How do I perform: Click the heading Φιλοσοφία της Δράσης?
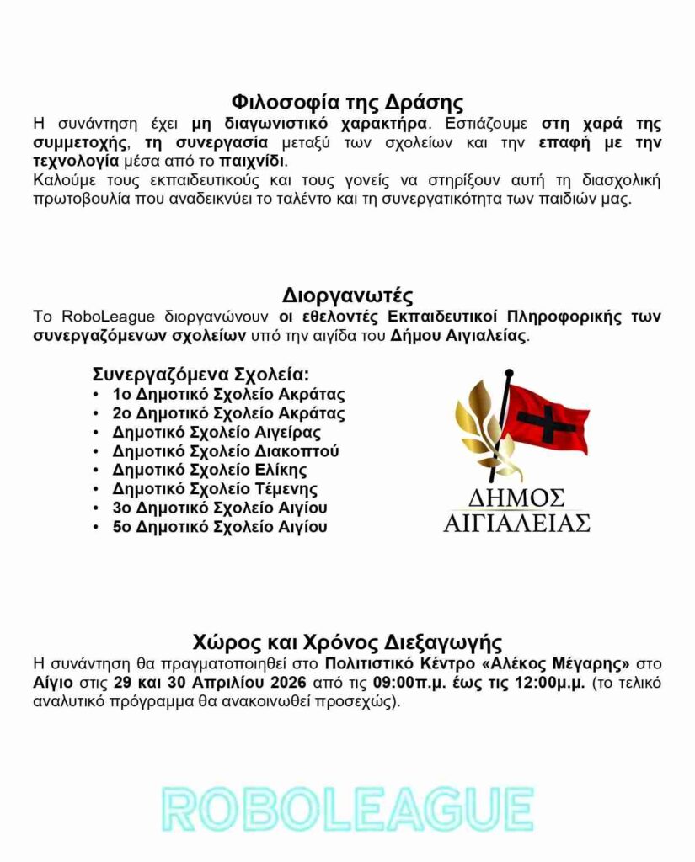(347, 104)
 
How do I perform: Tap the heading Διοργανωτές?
(347, 296)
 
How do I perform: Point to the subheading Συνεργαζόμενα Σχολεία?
(200, 374)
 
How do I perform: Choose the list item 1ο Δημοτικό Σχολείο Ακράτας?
(228, 394)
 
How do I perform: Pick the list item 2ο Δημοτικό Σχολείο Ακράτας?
(228, 413)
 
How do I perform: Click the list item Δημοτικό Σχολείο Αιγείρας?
(217, 433)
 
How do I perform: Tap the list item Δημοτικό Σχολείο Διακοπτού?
(226, 451)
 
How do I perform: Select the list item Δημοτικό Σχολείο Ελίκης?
(210, 470)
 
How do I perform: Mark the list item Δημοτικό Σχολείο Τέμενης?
(215, 489)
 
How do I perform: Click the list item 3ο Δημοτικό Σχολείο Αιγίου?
(220, 508)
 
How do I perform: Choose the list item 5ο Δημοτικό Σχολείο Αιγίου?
(220, 527)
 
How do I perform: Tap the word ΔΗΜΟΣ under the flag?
(516, 496)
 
